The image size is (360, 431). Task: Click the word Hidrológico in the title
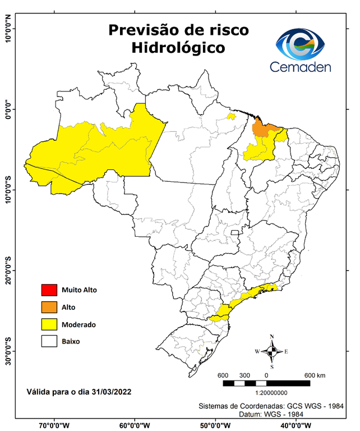point(178,48)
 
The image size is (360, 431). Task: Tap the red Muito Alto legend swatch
point(49,290)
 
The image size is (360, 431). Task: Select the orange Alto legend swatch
point(49,307)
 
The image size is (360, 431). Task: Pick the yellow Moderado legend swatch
point(49,324)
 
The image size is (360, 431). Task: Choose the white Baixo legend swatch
point(49,341)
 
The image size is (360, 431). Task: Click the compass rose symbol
point(272,351)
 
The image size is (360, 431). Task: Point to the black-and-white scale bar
point(266,383)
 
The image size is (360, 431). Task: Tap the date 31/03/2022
point(111,391)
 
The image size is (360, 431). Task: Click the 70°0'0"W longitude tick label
point(55,425)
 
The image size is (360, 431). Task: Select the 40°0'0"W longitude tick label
point(298,425)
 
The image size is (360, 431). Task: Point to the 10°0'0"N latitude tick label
point(8,28)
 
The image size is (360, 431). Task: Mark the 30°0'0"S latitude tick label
point(8,351)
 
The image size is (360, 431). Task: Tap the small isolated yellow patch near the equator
point(230,117)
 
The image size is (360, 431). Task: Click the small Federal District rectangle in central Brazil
point(236,232)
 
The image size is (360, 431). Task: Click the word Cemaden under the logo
point(300,67)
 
